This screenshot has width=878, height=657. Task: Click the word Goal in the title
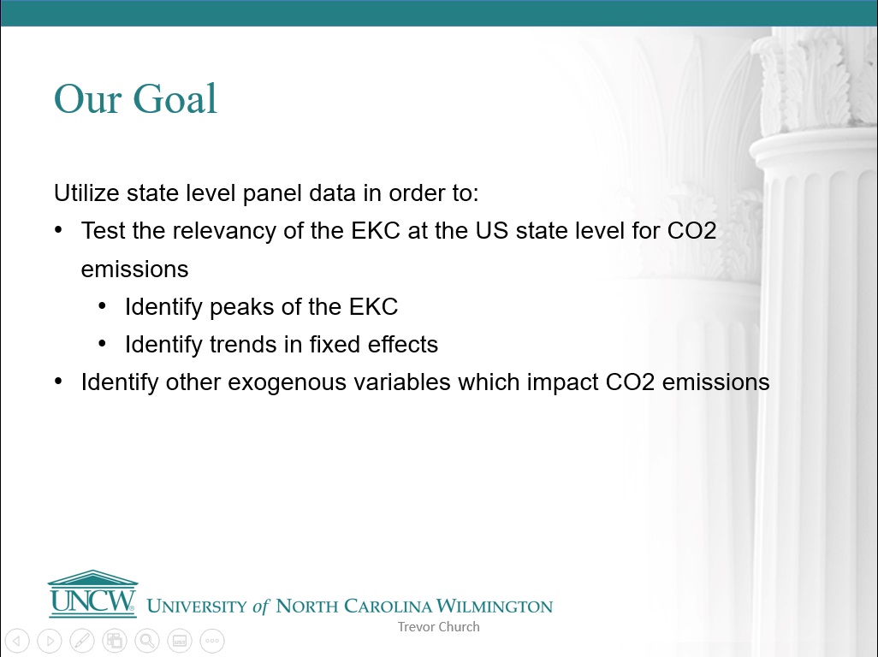tap(175, 99)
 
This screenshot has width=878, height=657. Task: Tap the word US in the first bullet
tap(492, 231)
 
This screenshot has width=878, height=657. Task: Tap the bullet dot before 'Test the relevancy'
tap(59, 230)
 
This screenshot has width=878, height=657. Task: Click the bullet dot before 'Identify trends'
tap(102, 344)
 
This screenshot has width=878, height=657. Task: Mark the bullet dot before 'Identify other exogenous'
tap(59, 382)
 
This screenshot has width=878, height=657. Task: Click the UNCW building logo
tap(92, 594)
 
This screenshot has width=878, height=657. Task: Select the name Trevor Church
tap(438, 627)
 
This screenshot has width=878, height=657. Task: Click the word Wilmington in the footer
tap(495, 606)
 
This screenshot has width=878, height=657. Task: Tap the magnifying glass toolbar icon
tap(147, 641)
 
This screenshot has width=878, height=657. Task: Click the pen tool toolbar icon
tap(82, 641)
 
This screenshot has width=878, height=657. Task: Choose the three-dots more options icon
tap(212, 641)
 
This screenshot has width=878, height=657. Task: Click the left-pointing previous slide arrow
tap(17, 641)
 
